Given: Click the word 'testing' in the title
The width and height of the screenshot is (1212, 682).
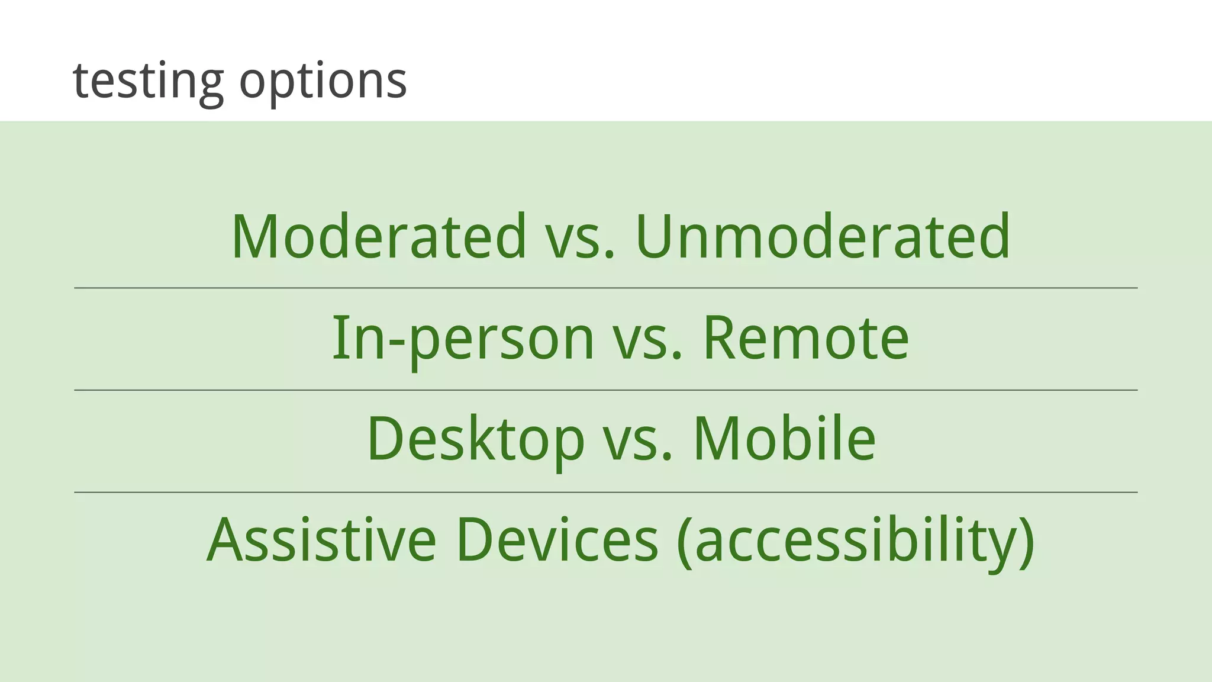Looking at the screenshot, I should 148,81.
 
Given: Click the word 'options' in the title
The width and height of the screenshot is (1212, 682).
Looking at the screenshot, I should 323,81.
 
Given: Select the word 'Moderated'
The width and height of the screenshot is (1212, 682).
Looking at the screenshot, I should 378,236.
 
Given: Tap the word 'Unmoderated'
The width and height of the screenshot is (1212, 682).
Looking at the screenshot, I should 823,236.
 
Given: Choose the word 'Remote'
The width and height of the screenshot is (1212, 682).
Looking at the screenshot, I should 805,339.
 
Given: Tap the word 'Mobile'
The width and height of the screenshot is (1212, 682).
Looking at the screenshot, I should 784,440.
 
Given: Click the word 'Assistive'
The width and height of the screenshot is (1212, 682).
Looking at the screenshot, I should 321,540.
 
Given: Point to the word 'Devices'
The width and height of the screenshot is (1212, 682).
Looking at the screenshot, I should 557,540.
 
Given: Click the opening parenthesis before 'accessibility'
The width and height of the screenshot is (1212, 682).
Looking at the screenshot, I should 684,542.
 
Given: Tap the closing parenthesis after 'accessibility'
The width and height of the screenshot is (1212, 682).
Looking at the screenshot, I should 1026,542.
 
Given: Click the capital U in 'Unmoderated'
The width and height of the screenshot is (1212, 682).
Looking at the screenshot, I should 657,236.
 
